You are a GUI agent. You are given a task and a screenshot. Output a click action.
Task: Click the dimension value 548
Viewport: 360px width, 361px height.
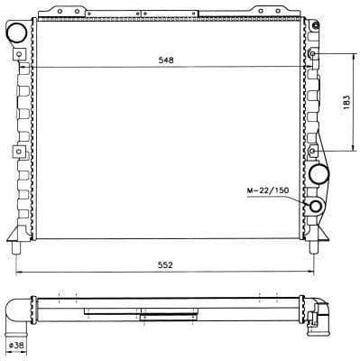[x=165, y=61]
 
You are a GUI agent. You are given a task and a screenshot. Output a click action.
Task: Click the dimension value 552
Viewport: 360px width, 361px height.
[x=165, y=265]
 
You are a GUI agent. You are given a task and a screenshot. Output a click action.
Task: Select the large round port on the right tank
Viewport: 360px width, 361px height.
[x=318, y=173]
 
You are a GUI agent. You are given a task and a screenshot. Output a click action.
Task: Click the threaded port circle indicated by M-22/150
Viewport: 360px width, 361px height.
[x=316, y=206]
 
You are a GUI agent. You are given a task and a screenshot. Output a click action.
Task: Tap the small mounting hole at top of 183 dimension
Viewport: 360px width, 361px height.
[x=313, y=54]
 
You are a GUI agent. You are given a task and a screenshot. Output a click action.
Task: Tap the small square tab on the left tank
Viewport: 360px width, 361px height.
[x=15, y=151]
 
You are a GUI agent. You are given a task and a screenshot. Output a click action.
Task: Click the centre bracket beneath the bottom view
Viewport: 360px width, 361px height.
[x=141, y=316]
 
